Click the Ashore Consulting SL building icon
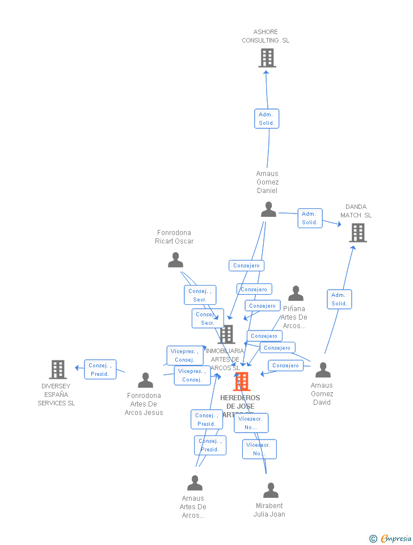(x=267, y=58)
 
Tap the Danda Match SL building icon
(x=357, y=233)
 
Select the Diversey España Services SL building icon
(x=58, y=370)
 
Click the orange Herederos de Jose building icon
(x=242, y=381)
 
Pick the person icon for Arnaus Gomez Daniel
(x=268, y=209)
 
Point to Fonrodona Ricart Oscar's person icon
(x=175, y=260)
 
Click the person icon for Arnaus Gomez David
(x=323, y=370)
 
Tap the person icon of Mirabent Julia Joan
(x=271, y=491)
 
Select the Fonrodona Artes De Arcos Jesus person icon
(x=145, y=380)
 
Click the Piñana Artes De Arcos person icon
(x=296, y=294)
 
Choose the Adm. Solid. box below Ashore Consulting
(x=267, y=119)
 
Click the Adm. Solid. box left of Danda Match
(x=310, y=218)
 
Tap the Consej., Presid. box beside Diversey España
(x=100, y=370)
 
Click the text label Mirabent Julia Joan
(x=269, y=510)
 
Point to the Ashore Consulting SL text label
(x=265, y=36)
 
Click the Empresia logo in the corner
(x=391, y=538)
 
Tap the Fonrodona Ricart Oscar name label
(x=174, y=237)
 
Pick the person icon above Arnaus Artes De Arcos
(x=195, y=483)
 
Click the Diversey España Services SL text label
(x=56, y=395)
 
